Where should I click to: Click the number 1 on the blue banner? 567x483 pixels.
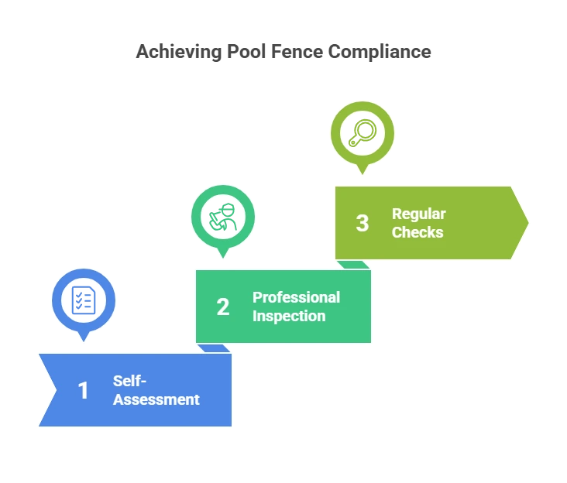point(84,390)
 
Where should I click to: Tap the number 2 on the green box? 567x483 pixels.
point(223,307)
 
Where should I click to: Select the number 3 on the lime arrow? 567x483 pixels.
point(363,223)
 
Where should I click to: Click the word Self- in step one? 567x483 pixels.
point(130,381)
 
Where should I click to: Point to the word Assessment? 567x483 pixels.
point(156,399)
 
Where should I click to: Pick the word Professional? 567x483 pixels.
point(296,297)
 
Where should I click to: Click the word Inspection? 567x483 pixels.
point(289,316)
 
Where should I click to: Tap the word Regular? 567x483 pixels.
point(419,214)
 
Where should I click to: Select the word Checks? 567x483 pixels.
point(418,232)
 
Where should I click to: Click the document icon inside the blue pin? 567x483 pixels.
point(84,300)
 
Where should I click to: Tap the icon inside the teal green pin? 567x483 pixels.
point(223,216)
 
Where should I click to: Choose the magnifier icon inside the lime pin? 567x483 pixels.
point(362,132)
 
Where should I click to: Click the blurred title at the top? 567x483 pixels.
point(283,53)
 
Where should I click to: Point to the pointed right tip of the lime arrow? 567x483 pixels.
point(527,222)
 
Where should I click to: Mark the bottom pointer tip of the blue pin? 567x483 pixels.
point(84,341)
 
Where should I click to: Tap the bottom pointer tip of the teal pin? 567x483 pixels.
point(223,258)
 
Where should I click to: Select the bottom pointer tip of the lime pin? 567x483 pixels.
point(362,175)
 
